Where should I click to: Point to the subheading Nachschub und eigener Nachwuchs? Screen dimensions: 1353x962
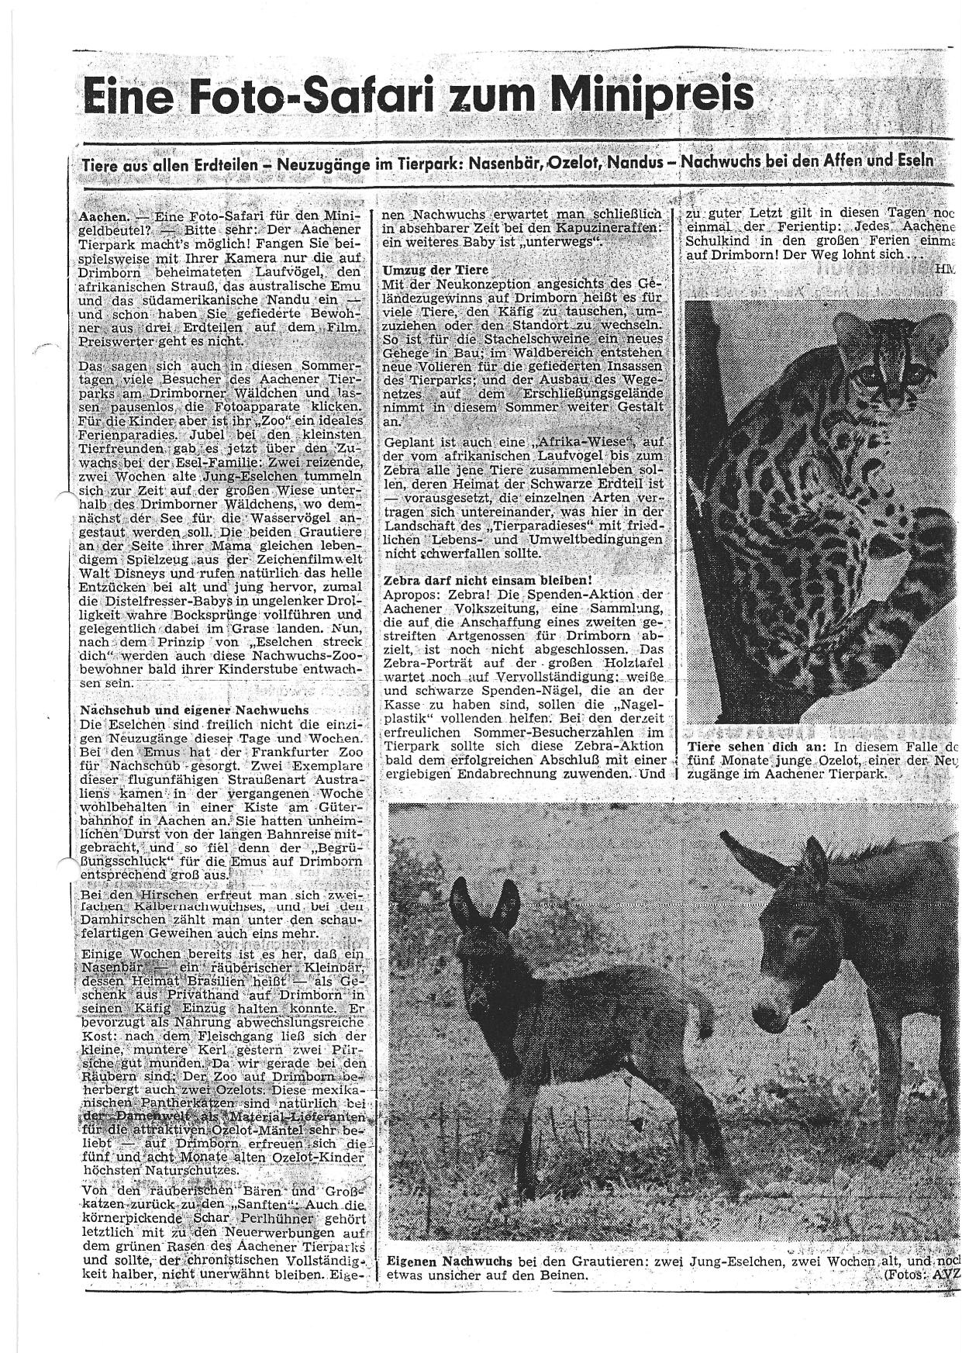coord(195,709)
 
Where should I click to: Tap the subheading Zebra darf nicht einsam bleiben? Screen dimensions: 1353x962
coord(488,580)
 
